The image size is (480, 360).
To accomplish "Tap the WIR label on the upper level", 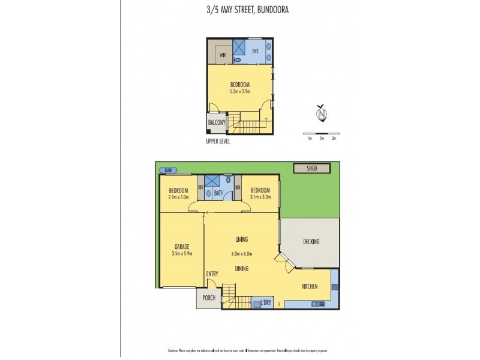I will (222, 55).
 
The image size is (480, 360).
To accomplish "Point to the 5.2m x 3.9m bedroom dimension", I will (239, 91).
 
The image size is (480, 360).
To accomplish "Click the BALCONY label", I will (216, 122).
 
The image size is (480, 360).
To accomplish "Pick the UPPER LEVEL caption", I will (217, 142).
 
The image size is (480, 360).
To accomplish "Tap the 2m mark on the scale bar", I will (322, 138).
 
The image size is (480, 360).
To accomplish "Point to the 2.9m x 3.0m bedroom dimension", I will (178, 196).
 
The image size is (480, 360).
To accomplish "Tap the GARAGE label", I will (182, 247).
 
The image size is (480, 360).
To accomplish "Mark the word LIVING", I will (242, 239).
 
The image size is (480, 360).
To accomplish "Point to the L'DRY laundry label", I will (266, 303).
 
